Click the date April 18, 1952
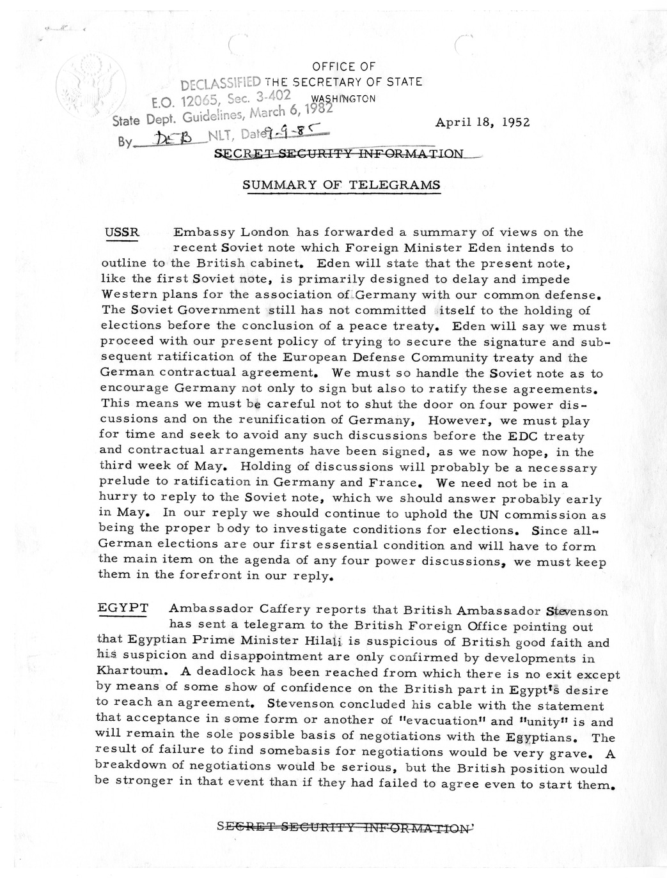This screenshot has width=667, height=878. (482, 123)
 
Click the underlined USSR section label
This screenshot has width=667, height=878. (121, 232)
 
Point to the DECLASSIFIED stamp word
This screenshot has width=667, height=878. (221, 84)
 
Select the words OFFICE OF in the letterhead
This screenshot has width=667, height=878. (344, 66)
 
